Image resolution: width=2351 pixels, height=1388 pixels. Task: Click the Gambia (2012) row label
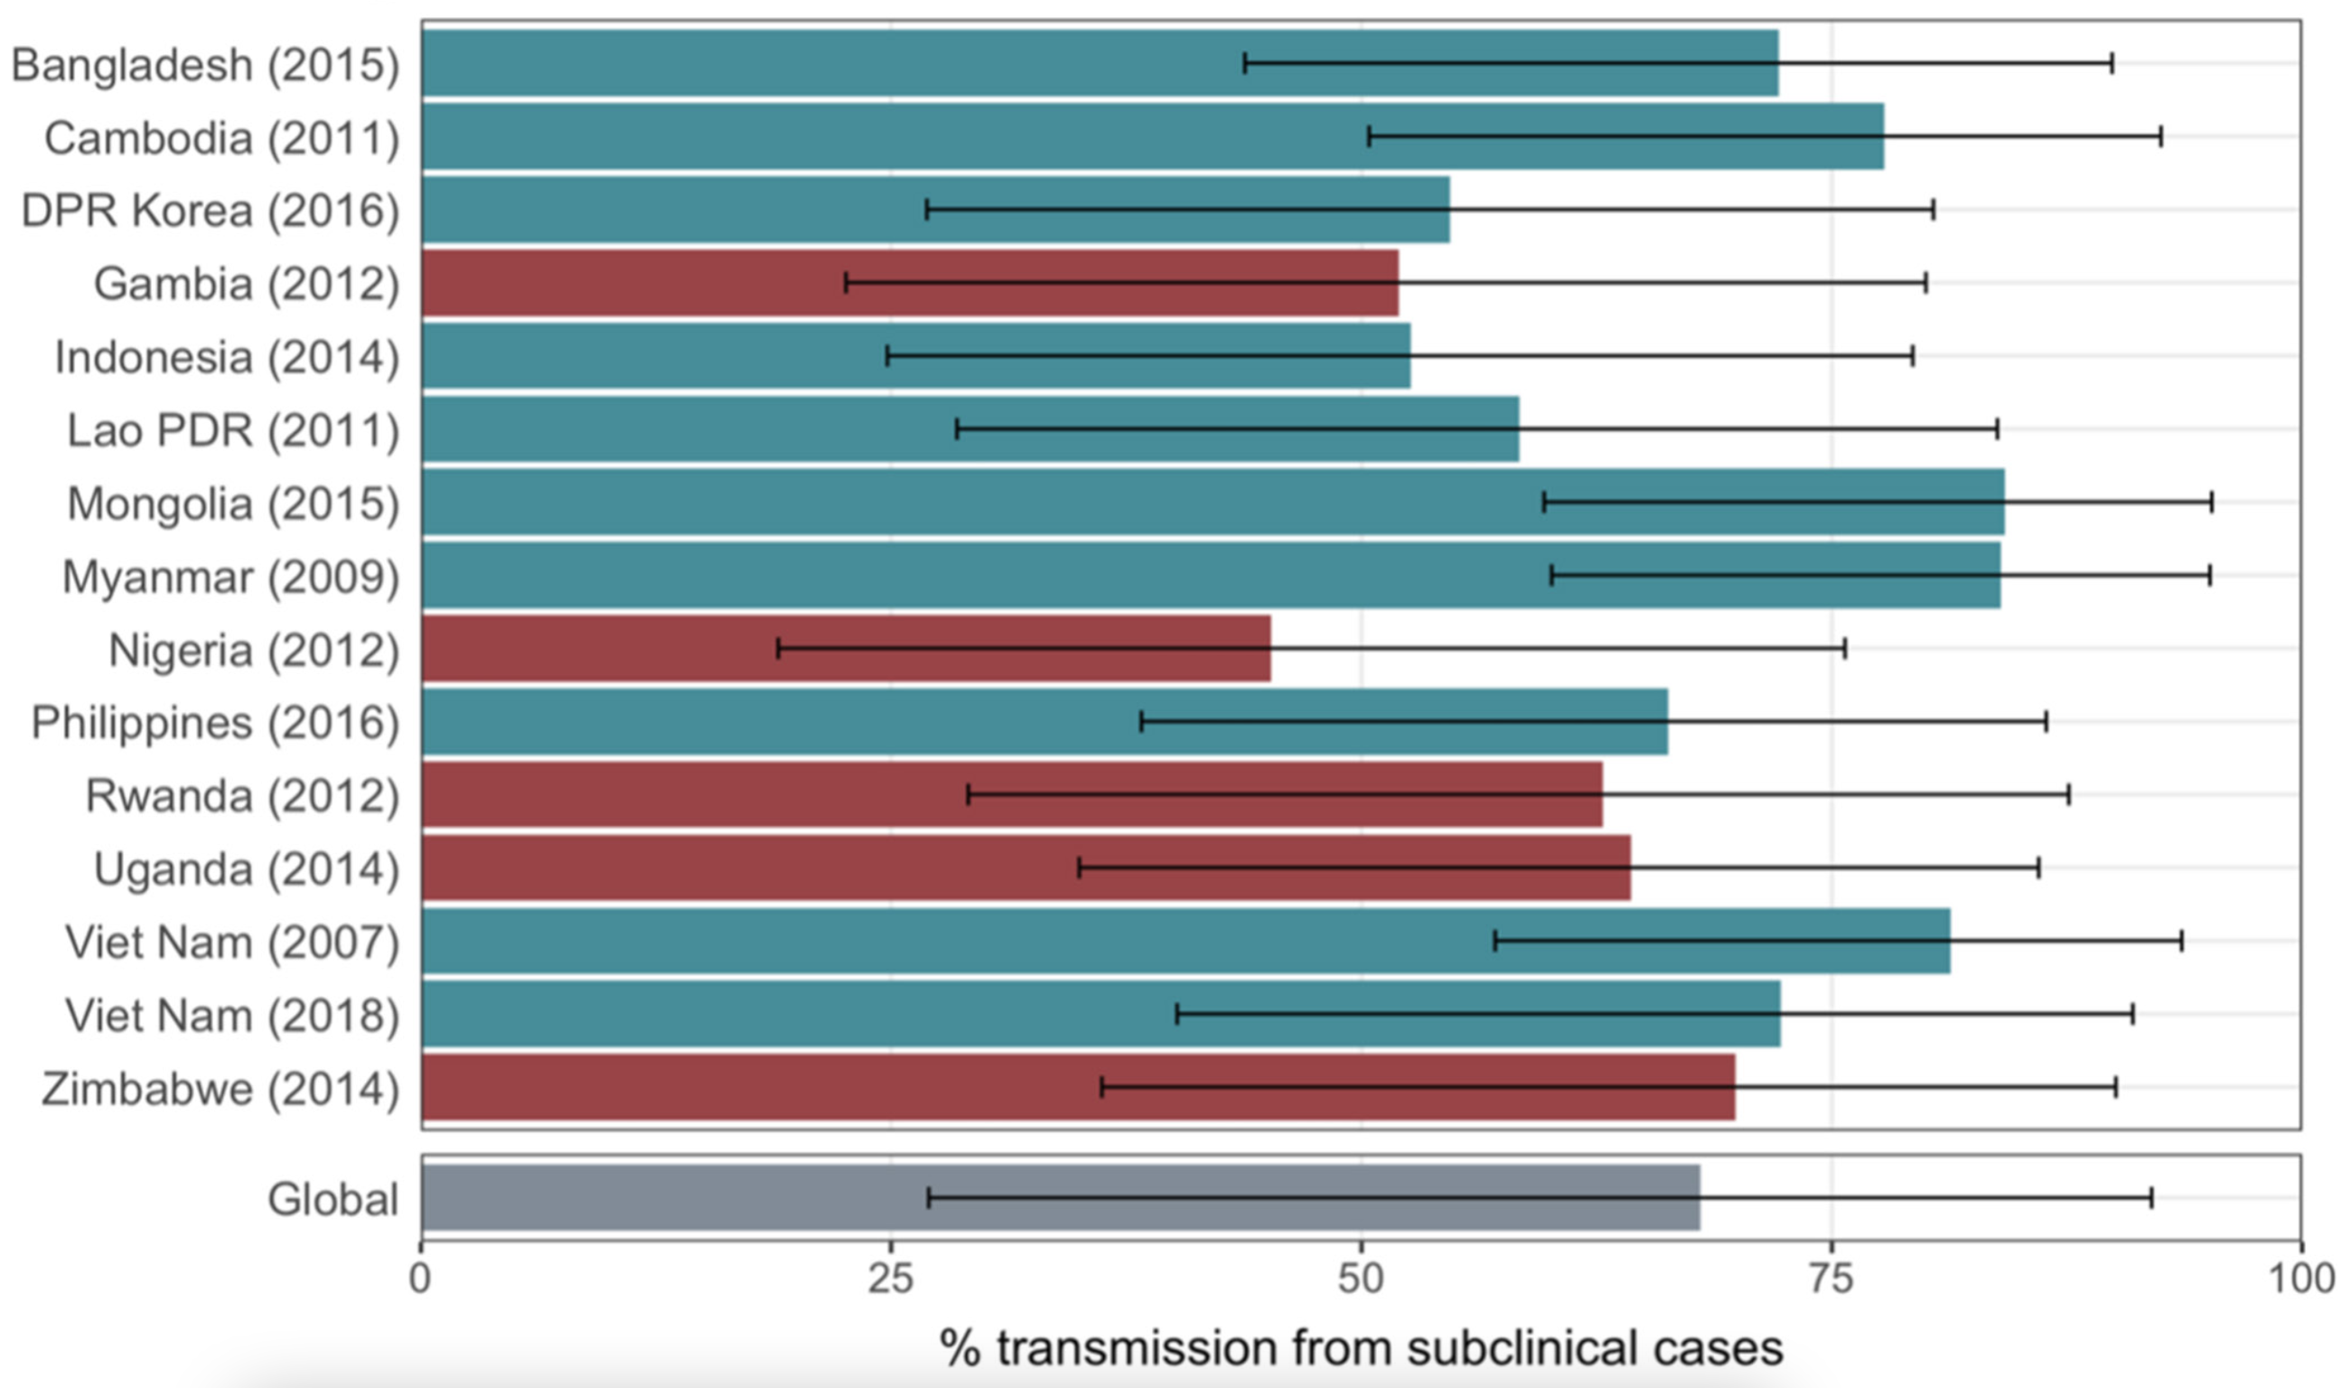tap(246, 284)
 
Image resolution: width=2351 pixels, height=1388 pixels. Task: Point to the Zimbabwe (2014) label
tap(220, 1089)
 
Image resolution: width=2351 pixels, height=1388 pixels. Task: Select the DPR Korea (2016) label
tap(210, 211)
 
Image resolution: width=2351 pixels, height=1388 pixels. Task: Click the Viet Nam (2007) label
tap(231, 942)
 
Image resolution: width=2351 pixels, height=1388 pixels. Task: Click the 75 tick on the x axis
tap(1831, 1278)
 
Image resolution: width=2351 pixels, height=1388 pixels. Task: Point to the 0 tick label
tap(421, 1278)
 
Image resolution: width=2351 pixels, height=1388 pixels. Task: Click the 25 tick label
tap(890, 1278)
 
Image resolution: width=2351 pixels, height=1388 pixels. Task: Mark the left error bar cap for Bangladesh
tap(1245, 63)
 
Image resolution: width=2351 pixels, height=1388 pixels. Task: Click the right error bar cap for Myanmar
tap(2210, 576)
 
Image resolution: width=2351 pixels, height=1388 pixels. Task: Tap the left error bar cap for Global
tap(928, 1198)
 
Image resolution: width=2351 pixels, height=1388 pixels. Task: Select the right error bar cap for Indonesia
tap(1913, 355)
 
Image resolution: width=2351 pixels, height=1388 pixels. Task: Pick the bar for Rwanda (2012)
tap(1011, 795)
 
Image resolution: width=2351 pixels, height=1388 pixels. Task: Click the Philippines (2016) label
tap(215, 723)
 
